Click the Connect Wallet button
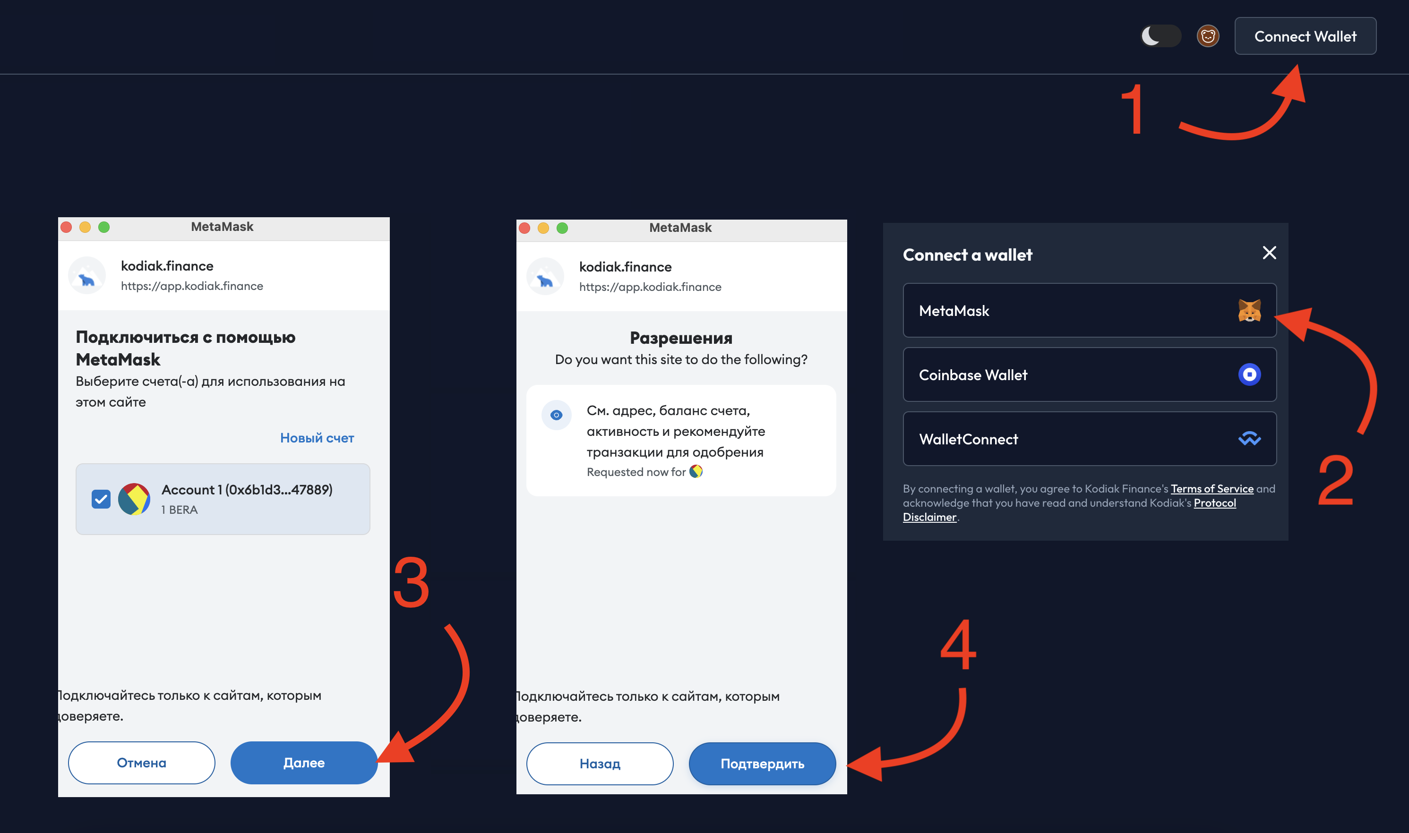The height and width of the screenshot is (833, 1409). (1305, 36)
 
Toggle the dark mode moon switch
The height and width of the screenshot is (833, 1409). (1161, 36)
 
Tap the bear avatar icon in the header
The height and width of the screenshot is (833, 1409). (1208, 36)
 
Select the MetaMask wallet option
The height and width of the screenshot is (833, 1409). (1090, 310)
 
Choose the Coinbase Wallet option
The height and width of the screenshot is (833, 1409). (1090, 374)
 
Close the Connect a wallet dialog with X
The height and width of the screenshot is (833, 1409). (1269, 253)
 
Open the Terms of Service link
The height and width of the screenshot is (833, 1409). (1212, 488)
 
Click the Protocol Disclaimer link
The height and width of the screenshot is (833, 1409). (1069, 510)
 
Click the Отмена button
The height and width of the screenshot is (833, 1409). (142, 762)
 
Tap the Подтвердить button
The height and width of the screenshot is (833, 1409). (762, 764)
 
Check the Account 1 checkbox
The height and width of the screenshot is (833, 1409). (101, 499)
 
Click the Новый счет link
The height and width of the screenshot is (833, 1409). (317, 438)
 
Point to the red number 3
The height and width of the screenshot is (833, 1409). (411, 583)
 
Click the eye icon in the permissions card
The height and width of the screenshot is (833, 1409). (556, 415)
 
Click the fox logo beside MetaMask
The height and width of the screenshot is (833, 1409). (1249, 310)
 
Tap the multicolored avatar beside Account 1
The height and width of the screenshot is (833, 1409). (134, 499)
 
